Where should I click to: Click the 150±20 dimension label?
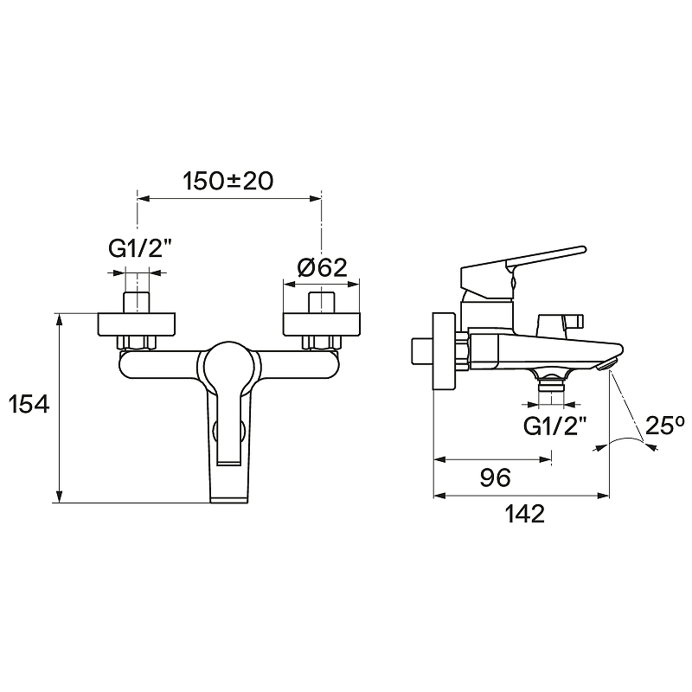[x=228, y=182]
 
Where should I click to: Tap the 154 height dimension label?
[x=29, y=404]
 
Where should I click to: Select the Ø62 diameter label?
[x=322, y=267]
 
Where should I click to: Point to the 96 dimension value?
[x=495, y=477]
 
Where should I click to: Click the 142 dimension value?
[x=525, y=514]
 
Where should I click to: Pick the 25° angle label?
[x=664, y=426]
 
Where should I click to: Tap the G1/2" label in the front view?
[x=139, y=249]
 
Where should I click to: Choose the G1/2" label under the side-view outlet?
[x=554, y=426]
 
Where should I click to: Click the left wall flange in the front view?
[x=137, y=324]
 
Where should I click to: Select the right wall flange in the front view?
[x=322, y=324]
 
